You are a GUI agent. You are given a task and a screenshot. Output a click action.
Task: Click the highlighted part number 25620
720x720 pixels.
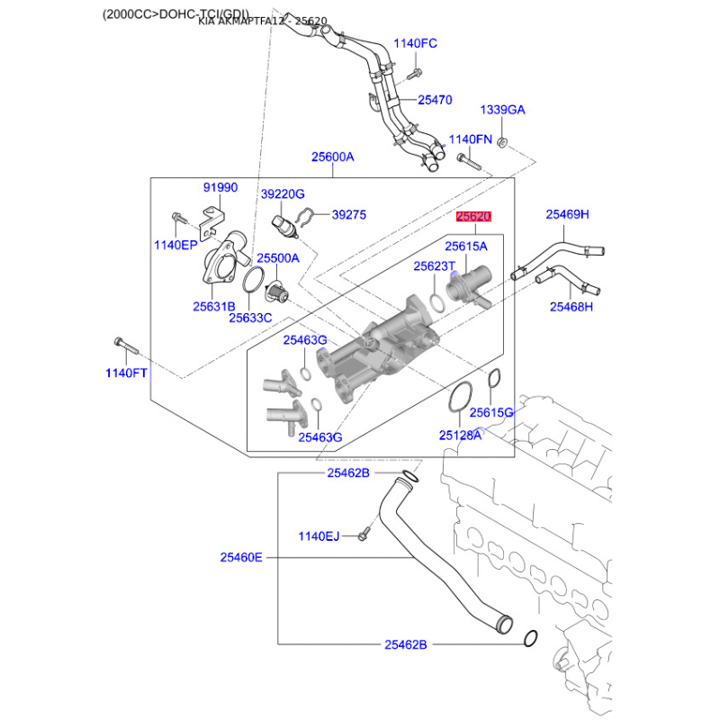point(473,217)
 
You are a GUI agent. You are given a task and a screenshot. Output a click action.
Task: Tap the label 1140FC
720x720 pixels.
point(415,43)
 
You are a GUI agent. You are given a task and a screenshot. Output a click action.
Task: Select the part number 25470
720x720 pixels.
point(435,100)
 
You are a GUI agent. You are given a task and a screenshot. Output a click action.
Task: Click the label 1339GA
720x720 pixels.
point(502,110)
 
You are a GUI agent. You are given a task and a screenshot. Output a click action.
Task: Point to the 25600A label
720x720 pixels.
point(333,157)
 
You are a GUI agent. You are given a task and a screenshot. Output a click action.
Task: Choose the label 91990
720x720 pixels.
point(220,187)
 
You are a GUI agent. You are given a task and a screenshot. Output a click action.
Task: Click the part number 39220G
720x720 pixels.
point(283,194)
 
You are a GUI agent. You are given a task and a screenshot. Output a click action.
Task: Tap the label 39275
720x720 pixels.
point(350,215)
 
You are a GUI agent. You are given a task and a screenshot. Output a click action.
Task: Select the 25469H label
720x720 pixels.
point(567,214)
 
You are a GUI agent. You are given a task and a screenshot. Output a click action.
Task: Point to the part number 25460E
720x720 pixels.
point(241,557)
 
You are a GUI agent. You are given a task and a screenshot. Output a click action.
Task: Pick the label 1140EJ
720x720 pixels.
point(319,536)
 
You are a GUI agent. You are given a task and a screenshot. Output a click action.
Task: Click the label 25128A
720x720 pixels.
point(460,435)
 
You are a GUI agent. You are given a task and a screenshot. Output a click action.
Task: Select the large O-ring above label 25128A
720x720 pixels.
point(460,400)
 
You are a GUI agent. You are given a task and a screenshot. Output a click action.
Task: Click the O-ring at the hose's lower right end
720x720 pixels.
point(530,639)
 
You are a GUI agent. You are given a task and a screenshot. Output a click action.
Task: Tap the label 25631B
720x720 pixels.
point(213,306)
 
